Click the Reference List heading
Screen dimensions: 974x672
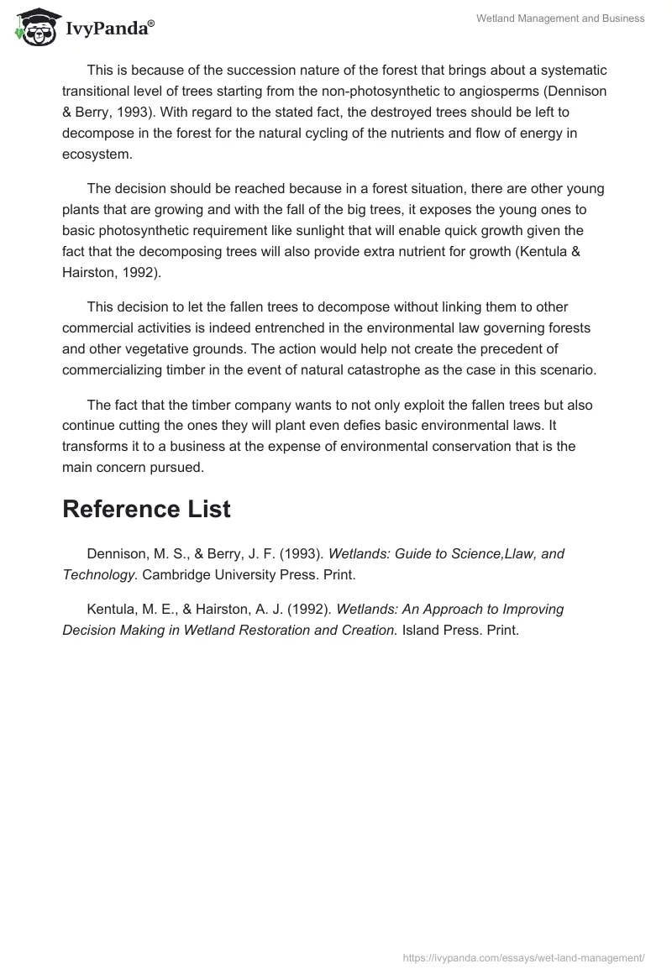tap(146, 509)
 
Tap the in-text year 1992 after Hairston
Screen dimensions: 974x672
tap(147, 272)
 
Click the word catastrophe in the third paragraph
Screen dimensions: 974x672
tap(387, 369)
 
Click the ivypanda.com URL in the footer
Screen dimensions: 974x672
tap(523, 956)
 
